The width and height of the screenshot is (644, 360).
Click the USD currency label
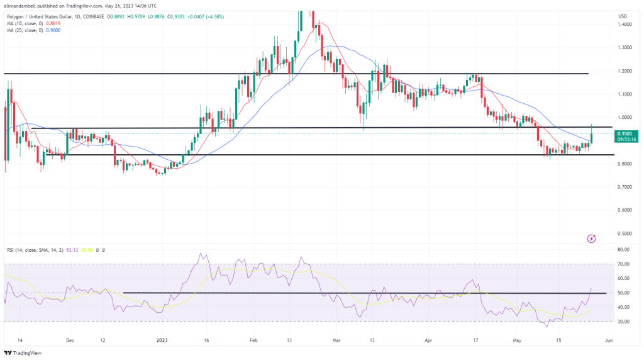point(622,16)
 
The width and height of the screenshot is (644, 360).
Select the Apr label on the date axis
point(430,340)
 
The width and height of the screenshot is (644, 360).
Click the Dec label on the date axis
point(70,340)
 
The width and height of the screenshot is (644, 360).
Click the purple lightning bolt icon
point(591,239)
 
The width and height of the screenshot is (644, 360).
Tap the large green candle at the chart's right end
point(592,133)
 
